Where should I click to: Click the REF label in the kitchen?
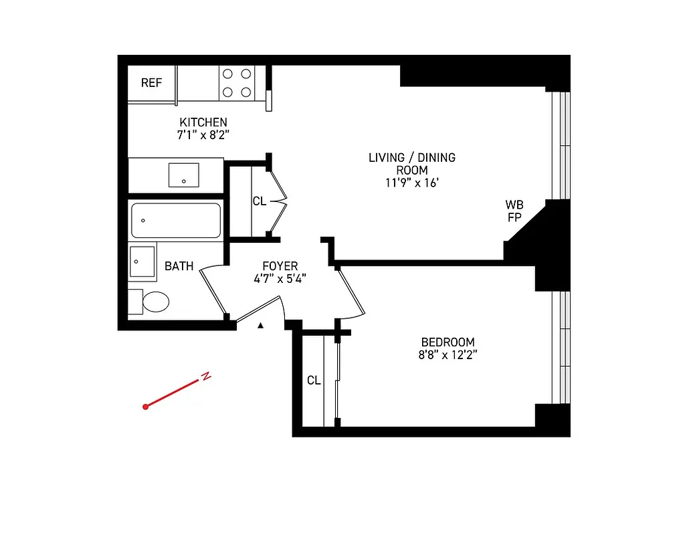pyautogui.click(x=151, y=83)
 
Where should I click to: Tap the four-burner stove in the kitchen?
pyautogui.click(x=237, y=83)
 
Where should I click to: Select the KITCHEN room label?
pyautogui.click(x=203, y=122)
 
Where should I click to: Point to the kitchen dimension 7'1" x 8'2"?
pyautogui.click(x=203, y=134)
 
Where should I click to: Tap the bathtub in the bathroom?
pyautogui.click(x=175, y=221)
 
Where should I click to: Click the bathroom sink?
pyautogui.click(x=142, y=261)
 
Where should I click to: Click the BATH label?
pyautogui.click(x=179, y=266)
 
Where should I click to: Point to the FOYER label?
pyautogui.click(x=280, y=266)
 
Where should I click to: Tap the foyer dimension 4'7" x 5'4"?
pyautogui.click(x=280, y=279)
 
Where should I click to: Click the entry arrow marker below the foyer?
pyautogui.click(x=262, y=325)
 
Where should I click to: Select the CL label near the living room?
pyautogui.click(x=260, y=201)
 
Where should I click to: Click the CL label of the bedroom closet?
pyautogui.click(x=314, y=381)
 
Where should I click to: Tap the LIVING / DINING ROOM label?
pyautogui.click(x=411, y=164)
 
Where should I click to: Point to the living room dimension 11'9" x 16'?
pyautogui.click(x=411, y=183)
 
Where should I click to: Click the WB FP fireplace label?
pyautogui.click(x=514, y=211)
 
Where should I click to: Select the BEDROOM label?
pyautogui.click(x=448, y=342)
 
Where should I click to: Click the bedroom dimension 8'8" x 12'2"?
pyautogui.click(x=448, y=354)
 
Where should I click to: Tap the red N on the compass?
pyautogui.click(x=207, y=377)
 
